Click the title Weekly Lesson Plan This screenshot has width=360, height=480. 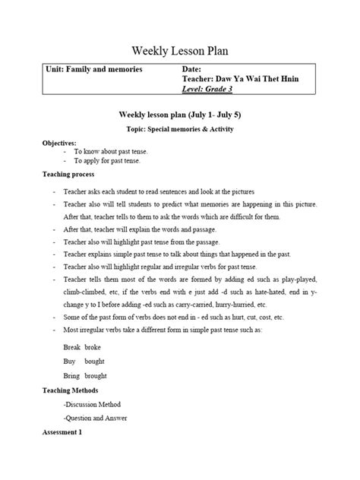[180, 51]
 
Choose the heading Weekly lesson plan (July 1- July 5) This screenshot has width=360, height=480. [180, 115]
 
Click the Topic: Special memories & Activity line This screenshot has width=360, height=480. [180, 129]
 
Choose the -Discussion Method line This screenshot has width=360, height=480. [93, 404]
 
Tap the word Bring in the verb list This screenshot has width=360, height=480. [72, 376]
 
